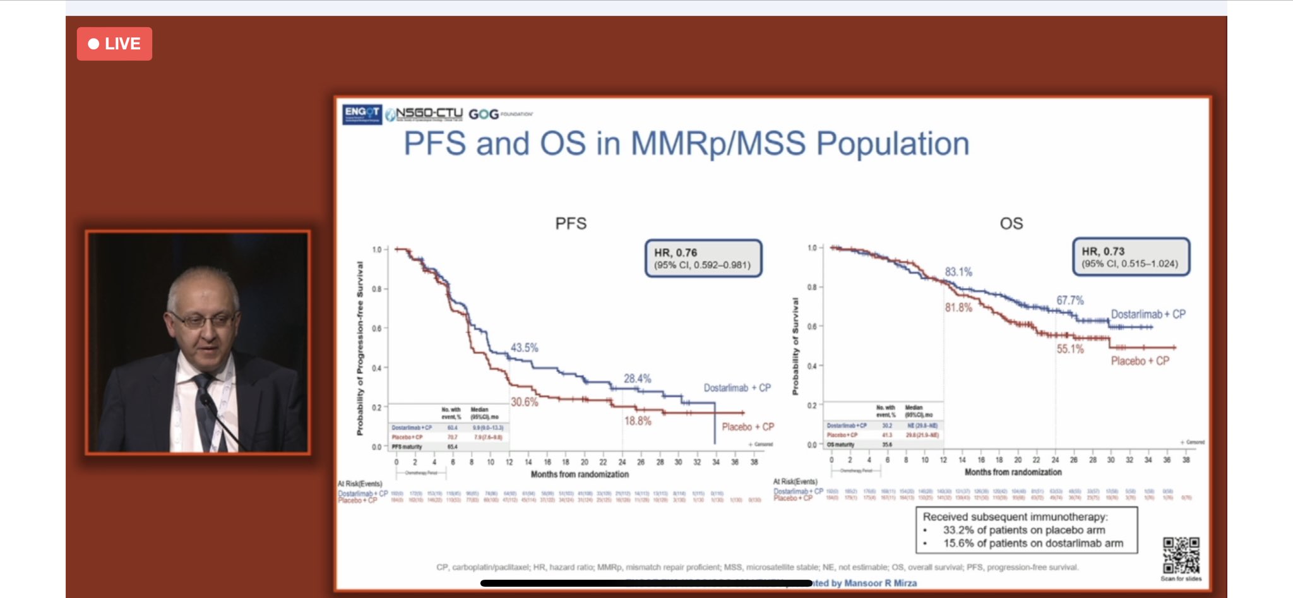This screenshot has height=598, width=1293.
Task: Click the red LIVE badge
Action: (114, 44)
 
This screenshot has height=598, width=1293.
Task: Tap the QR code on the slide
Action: (1181, 556)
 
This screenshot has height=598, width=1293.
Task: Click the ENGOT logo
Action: (362, 114)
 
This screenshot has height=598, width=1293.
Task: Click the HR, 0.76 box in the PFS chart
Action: (703, 258)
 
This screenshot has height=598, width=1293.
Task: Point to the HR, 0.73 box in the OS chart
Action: (1130, 257)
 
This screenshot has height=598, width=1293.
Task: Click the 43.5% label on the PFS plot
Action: (524, 348)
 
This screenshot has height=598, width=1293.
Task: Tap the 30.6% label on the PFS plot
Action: (524, 402)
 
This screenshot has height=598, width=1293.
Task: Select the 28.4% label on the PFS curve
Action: (637, 379)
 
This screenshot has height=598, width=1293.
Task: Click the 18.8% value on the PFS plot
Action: (637, 421)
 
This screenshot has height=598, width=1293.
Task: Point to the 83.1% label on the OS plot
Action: (958, 272)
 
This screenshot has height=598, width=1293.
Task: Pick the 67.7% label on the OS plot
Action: (1070, 301)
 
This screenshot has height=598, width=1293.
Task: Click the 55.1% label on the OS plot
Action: (1070, 349)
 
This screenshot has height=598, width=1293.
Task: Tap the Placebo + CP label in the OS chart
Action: (1140, 361)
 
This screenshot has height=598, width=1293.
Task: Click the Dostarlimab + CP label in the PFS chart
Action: (737, 388)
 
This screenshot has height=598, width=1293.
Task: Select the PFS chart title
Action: (571, 224)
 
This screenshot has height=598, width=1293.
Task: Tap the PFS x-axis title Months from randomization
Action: (580, 474)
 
